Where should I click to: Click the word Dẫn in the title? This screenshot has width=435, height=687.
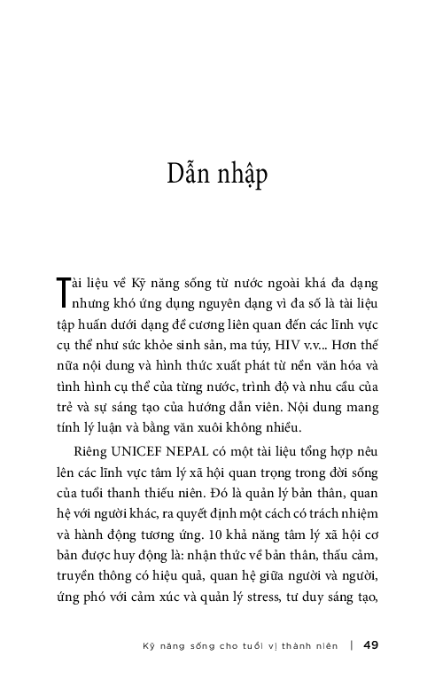tap(188, 175)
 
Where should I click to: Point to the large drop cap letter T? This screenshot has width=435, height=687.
tap(60, 290)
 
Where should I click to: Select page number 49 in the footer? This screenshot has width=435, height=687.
tap(371, 644)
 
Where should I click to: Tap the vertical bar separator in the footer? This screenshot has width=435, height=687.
tap(353, 644)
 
